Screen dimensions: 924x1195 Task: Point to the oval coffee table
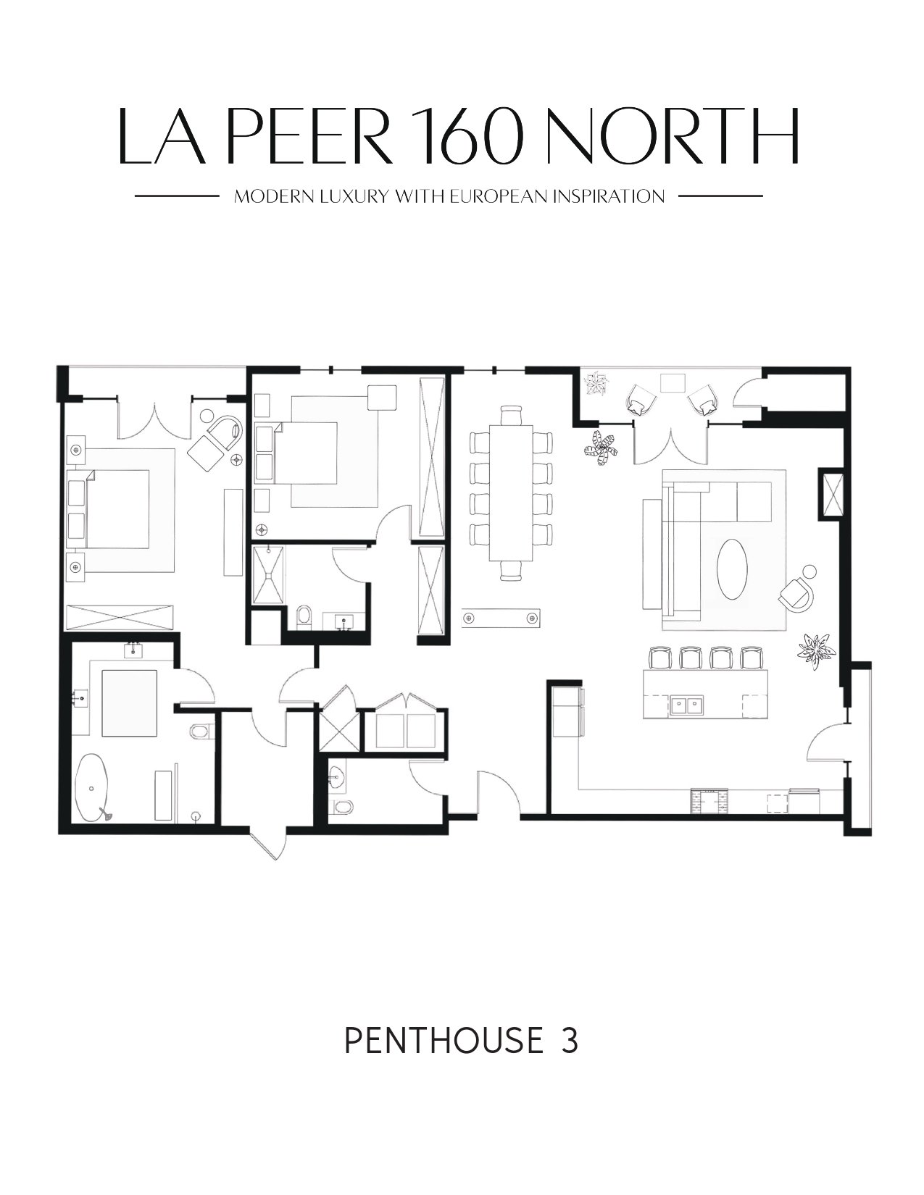pos(732,569)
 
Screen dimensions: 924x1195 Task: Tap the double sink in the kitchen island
pos(687,705)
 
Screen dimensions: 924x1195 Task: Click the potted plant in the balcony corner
pos(595,383)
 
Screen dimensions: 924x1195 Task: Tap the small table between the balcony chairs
pos(673,382)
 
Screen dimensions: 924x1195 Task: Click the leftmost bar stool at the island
pos(659,658)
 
